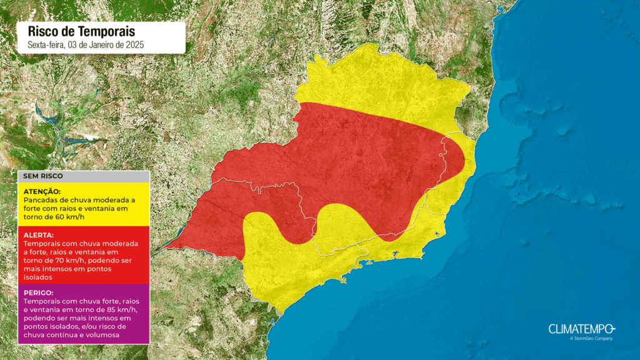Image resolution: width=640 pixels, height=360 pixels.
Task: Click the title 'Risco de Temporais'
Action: point(81,31)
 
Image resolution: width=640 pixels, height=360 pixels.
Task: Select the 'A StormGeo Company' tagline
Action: point(591,339)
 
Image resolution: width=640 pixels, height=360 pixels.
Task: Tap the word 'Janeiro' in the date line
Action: point(117,45)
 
